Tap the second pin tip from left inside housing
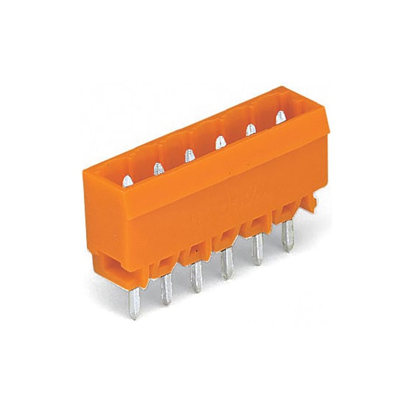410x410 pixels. tap(158, 168)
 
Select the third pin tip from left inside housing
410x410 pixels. tap(189, 154)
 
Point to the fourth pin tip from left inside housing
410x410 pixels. tap(219, 141)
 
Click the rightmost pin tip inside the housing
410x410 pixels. tap(280, 116)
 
